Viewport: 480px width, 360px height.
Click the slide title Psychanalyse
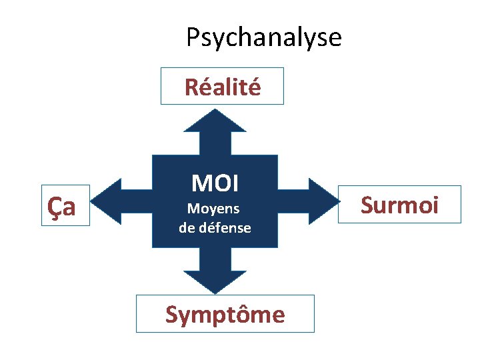pyautogui.click(x=263, y=37)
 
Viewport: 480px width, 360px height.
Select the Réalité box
pyautogui.click(x=222, y=86)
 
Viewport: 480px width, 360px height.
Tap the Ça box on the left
pyautogui.click(x=65, y=205)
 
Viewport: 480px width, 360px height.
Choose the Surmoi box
pyautogui.click(x=399, y=204)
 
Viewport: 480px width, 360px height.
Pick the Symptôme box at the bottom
pyautogui.click(x=225, y=313)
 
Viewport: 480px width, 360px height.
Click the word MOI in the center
pyautogui.click(x=215, y=183)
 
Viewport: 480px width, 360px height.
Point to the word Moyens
pyautogui.click(x=213, y=209)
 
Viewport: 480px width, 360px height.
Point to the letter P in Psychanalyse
pyautogui.click(x=192, y=37)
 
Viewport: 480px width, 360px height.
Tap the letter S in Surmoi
pyautogui.click(x=367, y=205)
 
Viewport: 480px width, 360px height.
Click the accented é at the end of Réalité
pyautogui.click(x=254, y=86)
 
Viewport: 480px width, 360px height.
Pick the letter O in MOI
pyautogui.click(x=217, y=183)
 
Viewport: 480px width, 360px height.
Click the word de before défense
pyautogui.click(x=186, y=227)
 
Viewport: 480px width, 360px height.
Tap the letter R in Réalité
pyautogui.click(x=191, y=87)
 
